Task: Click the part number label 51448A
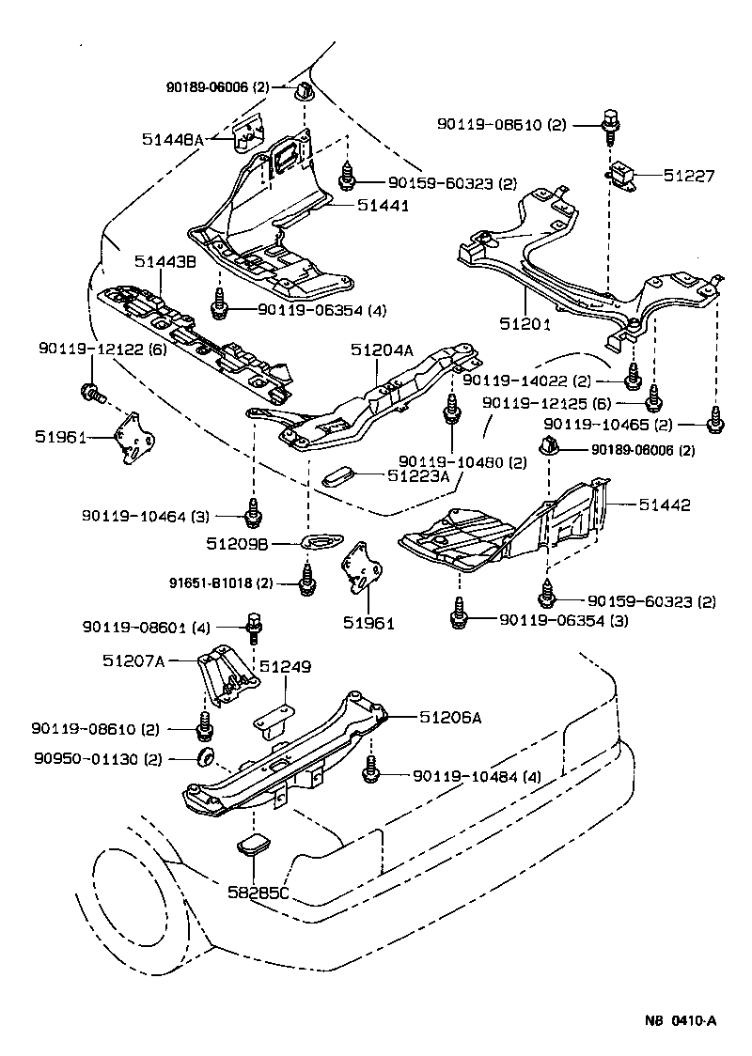pyautogui.click(x=173, y=139)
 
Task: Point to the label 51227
pyautogui.click(x=689, y=175)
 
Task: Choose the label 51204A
pyautogui.click(x=383, y=349)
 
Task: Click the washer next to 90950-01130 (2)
pyautogui.click(x=204, y=757)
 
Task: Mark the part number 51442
pyautogui.click(x=665, y=505)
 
